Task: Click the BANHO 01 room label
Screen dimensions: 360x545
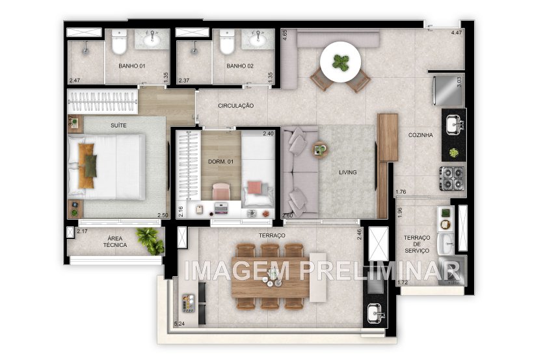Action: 131,66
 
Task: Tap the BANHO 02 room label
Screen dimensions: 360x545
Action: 239,66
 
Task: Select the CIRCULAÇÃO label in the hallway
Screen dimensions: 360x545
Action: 235,105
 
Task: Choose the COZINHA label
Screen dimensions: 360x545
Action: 421,135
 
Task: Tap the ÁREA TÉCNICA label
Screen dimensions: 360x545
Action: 114,242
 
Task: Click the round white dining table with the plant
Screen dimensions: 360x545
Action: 340,62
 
